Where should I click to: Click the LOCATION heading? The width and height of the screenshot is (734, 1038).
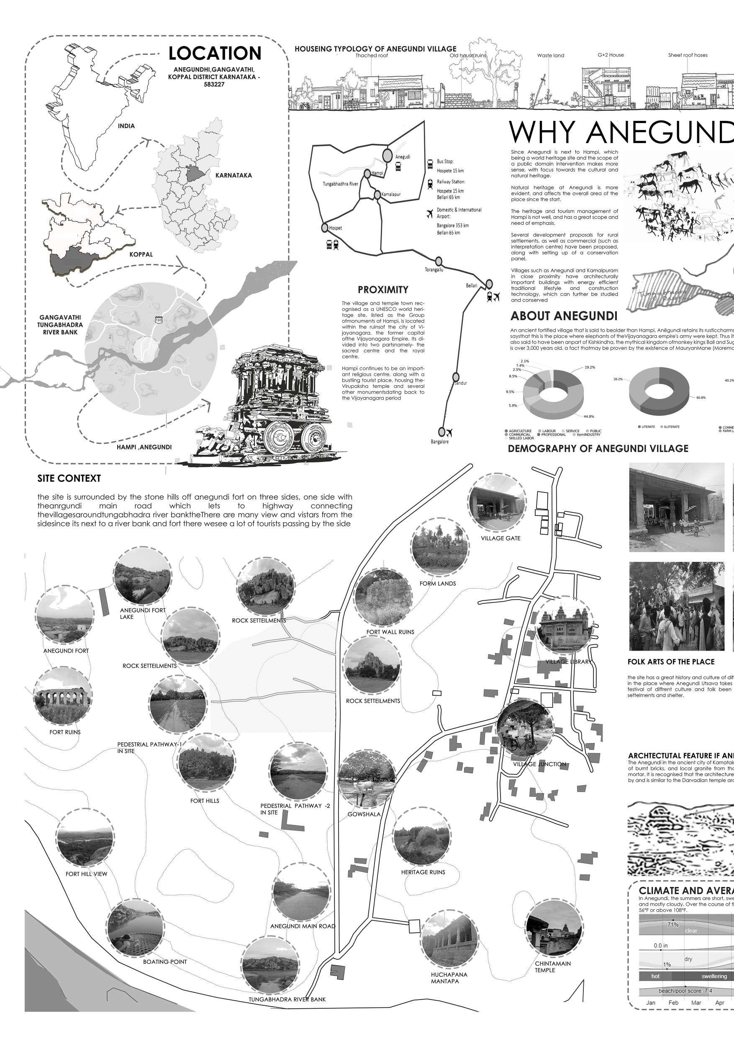click(x=215, y=54)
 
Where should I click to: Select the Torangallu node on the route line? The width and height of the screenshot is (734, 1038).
click(x=438, y=261)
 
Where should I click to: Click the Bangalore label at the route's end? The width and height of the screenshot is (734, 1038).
click(x=439, y=441)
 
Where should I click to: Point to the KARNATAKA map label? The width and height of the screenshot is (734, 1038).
click(x=234, y=175)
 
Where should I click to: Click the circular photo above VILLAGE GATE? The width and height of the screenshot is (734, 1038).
click(x=497, y=502)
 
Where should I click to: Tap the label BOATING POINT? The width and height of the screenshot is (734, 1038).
click(x=164, y=961)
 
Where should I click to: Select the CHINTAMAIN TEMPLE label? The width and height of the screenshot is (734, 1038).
click(x=553, y=966)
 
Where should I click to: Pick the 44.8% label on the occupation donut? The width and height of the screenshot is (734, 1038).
click(x=589, y=416)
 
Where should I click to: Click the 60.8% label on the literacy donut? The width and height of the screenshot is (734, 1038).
click(x=701, y=397)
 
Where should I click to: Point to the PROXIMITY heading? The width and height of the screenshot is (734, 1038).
click(x=382, y=290)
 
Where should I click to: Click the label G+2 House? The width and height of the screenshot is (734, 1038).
click(x=611, y=55)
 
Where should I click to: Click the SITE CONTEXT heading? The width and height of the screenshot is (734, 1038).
click(x=69, y=478)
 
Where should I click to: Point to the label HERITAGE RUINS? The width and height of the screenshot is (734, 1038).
click(x=423, y=872)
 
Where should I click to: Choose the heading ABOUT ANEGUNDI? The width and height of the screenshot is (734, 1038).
click(x=564, y=315)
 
